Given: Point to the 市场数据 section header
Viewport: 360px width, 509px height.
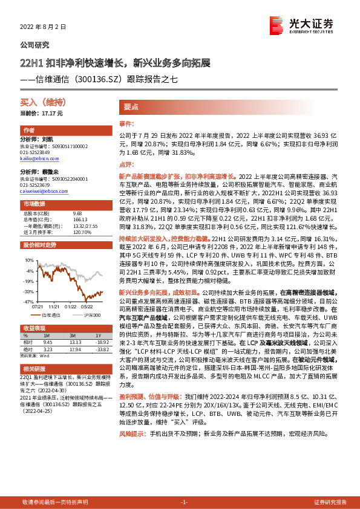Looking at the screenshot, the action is (x=34, y=204).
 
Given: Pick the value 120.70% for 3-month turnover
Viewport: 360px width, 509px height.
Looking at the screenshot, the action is (x=82, y=232).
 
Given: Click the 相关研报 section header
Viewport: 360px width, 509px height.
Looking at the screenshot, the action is (x=34, y=368).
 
